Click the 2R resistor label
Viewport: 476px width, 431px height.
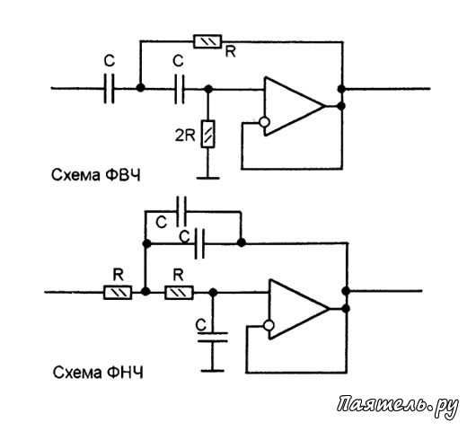[x=185, y=136]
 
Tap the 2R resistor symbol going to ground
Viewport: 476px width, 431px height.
[x=208, y=134]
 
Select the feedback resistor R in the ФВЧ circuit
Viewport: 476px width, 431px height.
[x=208, y=41]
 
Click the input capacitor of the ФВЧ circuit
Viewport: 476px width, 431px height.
[x=110, y=88]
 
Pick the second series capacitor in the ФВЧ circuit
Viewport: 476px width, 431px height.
[x=179, y=89]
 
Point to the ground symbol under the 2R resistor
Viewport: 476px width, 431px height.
[x=208, y=178]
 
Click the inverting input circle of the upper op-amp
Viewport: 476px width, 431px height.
[x=264, y=122]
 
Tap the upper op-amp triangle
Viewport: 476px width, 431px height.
[x=294, y=106]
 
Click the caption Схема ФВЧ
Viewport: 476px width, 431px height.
[x=96, y=175]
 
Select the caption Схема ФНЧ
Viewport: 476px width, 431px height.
[x=98, y=372]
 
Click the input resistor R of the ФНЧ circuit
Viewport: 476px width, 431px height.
[x=118, y=293]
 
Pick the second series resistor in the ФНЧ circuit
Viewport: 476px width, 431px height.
[x=179, y=293]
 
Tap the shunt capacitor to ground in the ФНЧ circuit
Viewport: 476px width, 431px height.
[x=213, y=337]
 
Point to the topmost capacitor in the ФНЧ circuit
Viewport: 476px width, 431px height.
[x=181, y=211]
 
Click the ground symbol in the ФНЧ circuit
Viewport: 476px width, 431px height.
[x=213, y=371]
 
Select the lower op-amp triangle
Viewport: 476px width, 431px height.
[x=299, y=309]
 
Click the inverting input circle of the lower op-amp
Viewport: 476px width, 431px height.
[x=269, y=326]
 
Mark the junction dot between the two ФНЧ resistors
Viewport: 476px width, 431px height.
[x=146, y=292]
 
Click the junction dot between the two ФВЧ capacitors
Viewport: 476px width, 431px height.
[x=140, y=88]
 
